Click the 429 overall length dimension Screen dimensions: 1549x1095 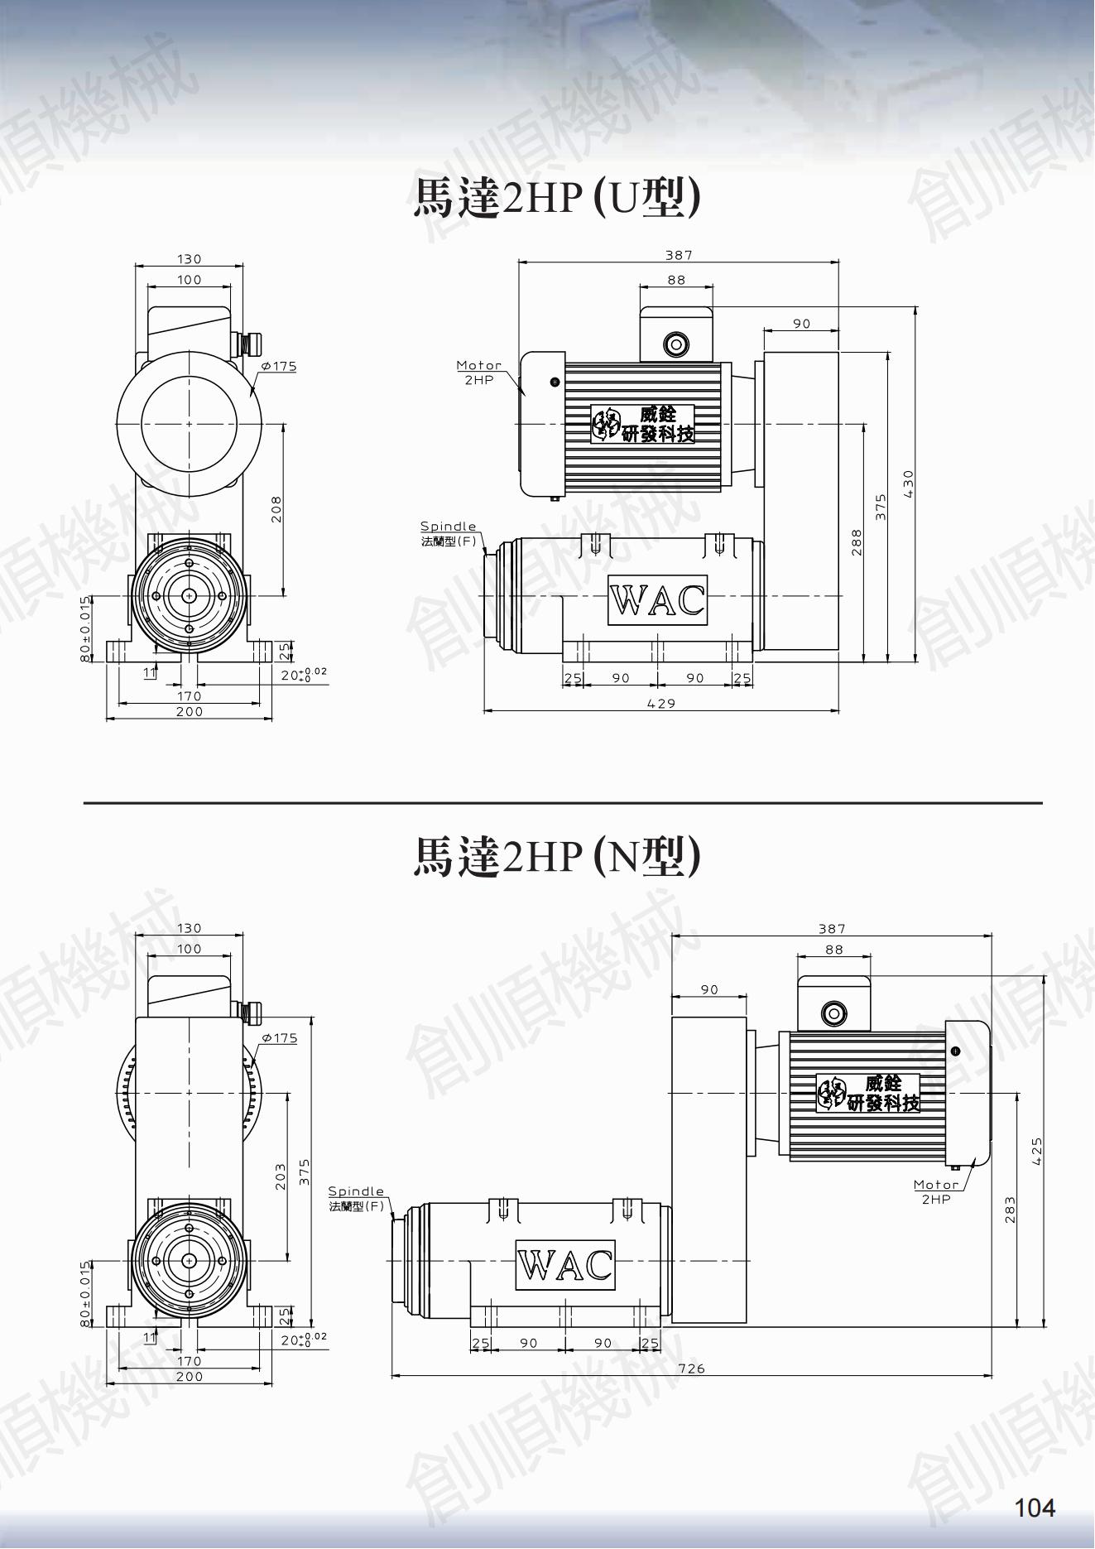click(x=660, y=703)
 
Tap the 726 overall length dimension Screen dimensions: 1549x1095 click(x=691, y=1369)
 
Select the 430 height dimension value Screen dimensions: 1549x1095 click(x=909, y=483)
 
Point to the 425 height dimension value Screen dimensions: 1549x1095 click(x=1036, y=1152)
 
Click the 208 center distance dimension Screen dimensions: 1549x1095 click(x=276, y=508)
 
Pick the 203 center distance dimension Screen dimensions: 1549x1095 click(x=280, y=1176)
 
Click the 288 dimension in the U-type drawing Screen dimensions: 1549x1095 click(x=857, y=541)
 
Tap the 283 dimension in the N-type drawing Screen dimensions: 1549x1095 click(x=1010, y=1210)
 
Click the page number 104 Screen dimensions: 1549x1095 click(x=1035, y=1508)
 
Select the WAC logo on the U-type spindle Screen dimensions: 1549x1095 click(x=658, y=599)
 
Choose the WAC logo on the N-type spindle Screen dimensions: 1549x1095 click(x=565, y=1264)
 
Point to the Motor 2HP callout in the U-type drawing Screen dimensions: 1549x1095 click(x=479, y=372)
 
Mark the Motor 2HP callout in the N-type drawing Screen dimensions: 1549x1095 click(x=936, y=1191)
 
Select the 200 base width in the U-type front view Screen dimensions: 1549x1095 click(x=190, y=711)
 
